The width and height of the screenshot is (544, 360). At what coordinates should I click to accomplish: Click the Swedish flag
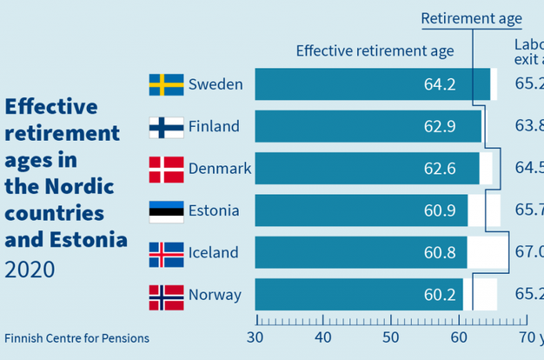[x=166, y=84]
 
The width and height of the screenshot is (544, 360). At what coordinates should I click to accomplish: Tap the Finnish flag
[x=166, y=127]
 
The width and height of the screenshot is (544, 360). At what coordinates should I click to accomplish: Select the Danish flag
[x=166, y=169]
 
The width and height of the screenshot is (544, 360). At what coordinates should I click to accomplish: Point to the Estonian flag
[x=166, y=210]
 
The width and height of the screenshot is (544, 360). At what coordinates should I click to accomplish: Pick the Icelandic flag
[x=166, y=253]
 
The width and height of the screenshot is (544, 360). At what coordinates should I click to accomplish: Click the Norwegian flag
[x=166, y=295]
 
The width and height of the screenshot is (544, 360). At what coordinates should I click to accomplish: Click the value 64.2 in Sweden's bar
[x=440, y=84]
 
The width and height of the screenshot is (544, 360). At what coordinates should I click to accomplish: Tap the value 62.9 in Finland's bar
[x=440, y=127]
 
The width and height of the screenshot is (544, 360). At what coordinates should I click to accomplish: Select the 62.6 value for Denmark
[x=440, y=169]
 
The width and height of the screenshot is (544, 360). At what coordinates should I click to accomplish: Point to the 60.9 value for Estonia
[x=440, y=210]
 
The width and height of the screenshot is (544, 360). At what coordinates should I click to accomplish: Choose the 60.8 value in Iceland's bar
[x=440, y=253]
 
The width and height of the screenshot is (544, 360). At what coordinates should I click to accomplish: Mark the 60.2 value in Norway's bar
[x=440, y=295]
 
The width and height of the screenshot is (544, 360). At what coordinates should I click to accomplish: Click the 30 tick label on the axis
[x=255, y=337]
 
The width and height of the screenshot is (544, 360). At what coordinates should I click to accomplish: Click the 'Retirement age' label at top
[x=472, y=18]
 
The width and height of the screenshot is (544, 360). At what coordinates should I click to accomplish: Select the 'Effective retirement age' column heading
[x=375, y=50]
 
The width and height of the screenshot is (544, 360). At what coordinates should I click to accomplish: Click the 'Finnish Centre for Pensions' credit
[x=76, y=338]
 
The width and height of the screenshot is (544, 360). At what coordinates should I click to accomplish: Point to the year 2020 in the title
[x=30, y=270]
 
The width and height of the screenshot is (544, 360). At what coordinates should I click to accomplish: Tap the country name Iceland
[x=213, y=253]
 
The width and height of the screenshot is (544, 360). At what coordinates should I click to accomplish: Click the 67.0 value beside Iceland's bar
[x=528, y=253]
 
